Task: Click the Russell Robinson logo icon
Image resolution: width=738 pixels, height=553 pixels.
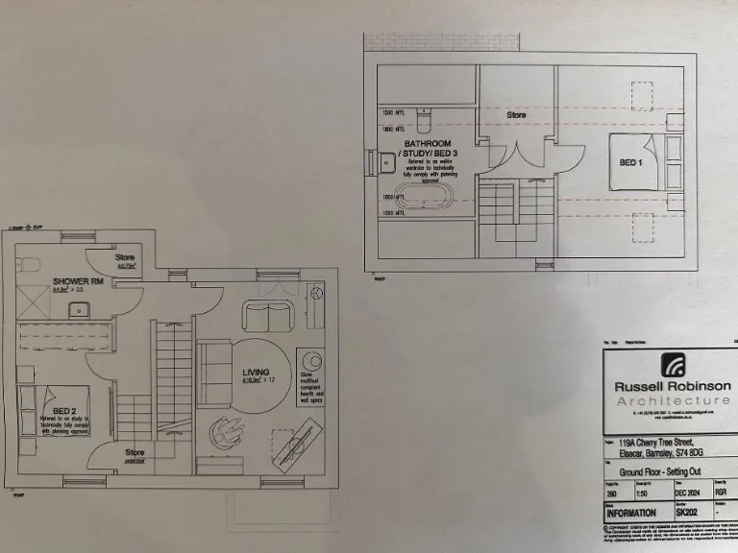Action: point(672,365)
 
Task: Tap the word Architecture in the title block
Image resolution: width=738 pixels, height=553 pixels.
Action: point(672,399)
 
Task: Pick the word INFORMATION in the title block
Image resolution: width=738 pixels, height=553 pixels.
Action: point(629,513)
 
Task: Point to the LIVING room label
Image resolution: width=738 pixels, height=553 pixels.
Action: point(255,373)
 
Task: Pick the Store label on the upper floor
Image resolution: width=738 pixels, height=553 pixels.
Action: point(517,115)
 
